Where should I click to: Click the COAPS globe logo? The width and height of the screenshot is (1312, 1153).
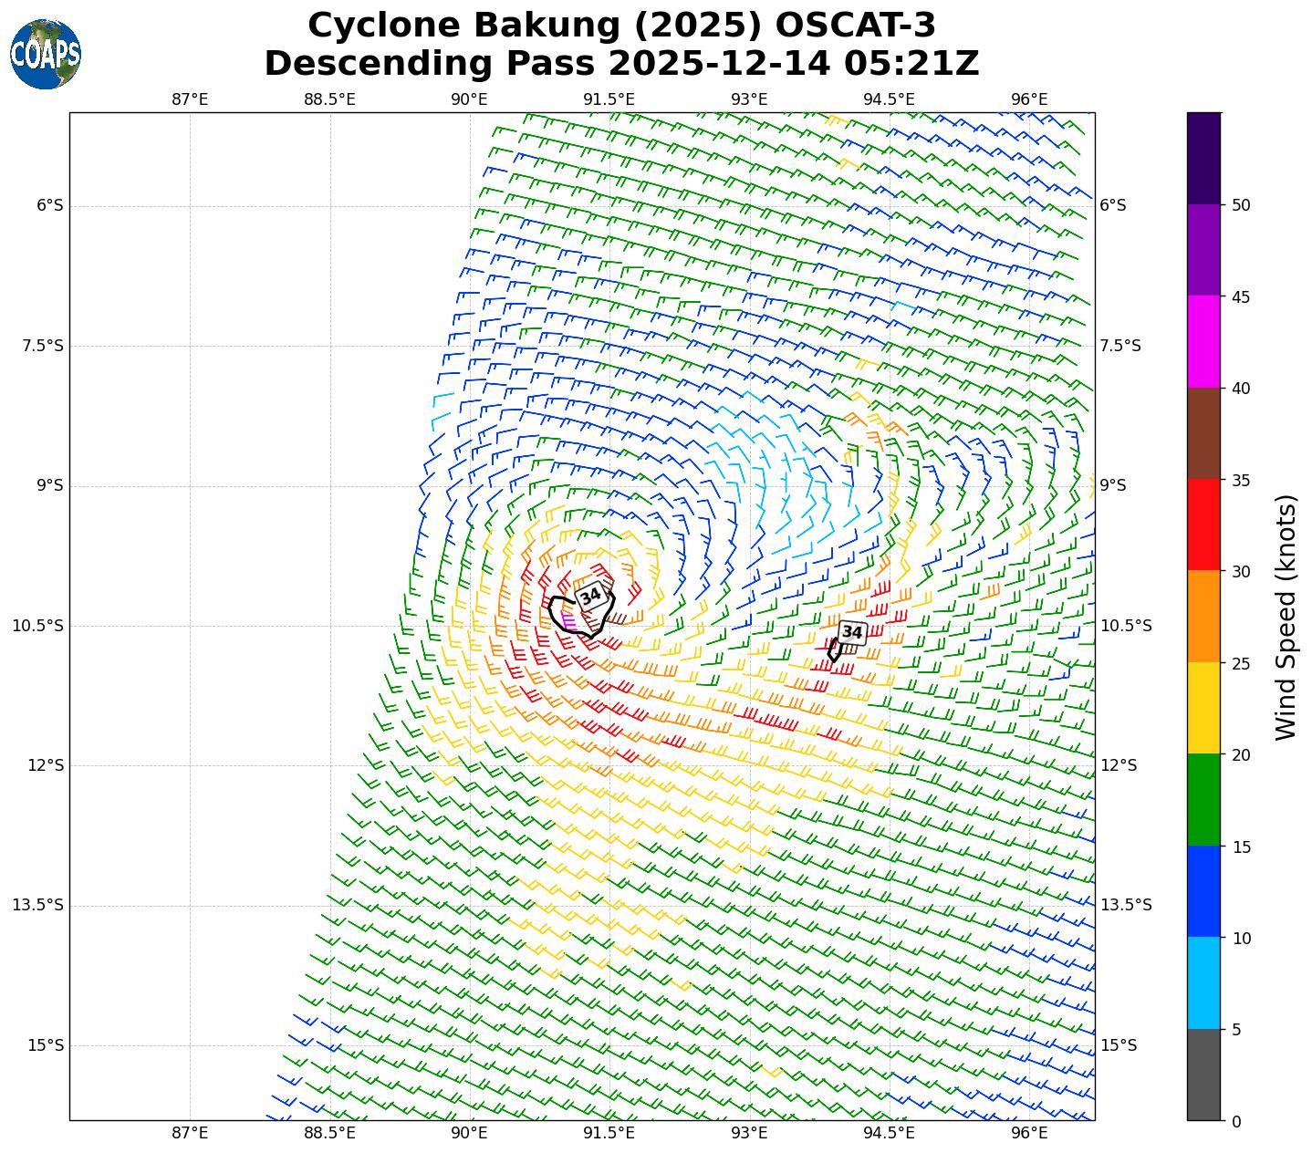click(x=46, y=54)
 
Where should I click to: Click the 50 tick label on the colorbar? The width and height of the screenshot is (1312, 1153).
click(x=1241, y=205)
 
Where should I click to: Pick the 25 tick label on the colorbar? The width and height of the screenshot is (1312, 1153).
click(x=1241, y=663)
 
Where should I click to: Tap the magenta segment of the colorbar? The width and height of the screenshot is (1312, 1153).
click(x=1203, y=342)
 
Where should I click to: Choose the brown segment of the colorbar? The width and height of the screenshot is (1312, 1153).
click(x=1203, y=433)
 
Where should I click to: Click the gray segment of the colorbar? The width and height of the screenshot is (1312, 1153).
click(x=1203, y=1075)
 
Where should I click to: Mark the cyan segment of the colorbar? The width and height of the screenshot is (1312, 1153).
click(x=1203, y=982)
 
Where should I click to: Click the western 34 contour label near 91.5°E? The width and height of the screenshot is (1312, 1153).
click(x=591, y=596)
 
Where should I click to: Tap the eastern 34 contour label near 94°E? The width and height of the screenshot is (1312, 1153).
click(x=852, y=632)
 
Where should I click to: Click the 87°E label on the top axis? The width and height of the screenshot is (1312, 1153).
click(x=190, y=99)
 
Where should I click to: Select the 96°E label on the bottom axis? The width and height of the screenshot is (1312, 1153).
click(x=1029, y=1133)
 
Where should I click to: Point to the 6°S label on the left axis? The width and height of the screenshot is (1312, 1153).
click(x=50, y=205)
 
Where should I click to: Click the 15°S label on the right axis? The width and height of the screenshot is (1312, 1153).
click(x=1119, y=1045)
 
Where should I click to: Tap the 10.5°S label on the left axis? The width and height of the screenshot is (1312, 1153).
click(x=38, y=626)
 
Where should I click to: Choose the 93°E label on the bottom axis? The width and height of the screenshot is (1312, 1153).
click(x=749, y=1133)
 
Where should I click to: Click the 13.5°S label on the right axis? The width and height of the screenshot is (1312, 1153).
click(x=1126, y=905)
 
